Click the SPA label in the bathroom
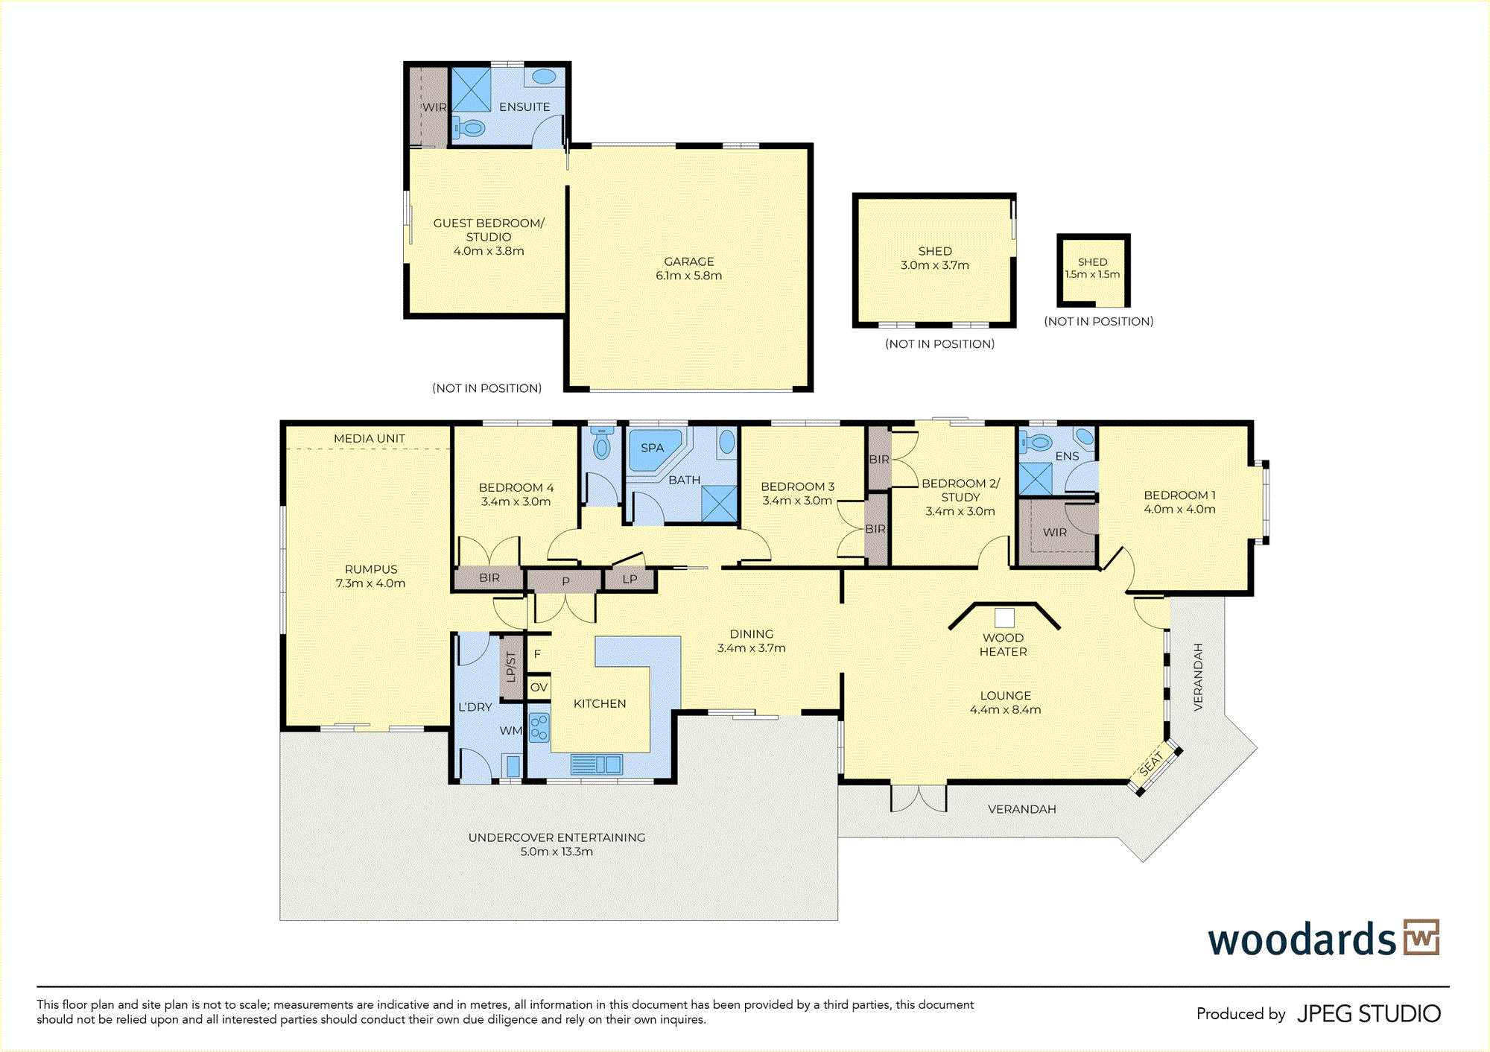click(652, 448)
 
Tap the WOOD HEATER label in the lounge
click(1004, 644)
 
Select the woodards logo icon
click(1421, 937)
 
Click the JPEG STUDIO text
click(1369, 1014)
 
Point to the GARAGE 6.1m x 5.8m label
click(689, 268)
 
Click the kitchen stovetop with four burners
click(539, 727)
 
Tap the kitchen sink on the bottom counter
click(596, 764)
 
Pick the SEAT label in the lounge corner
click(1152, 763)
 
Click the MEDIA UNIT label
click(370, 439)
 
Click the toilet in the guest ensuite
click(469, 129)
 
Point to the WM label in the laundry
click(510, 731)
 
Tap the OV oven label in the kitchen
click(539, 688)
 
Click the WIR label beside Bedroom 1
click(1055, 533)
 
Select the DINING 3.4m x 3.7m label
click(751, 641)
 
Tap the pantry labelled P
click(565, 582)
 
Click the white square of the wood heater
click(1004, 618)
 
